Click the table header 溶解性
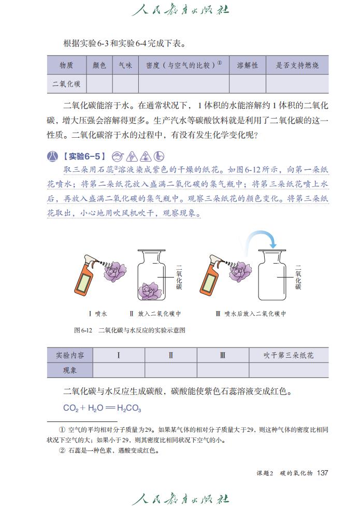click(248, 66)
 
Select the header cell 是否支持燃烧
click(297, 66)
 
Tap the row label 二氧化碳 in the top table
click(66, 83)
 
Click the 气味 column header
click(125, 66)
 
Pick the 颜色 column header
click(99, 66)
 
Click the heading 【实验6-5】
click(83, 156)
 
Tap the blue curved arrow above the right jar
click(260, 239)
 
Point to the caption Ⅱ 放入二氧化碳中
click(155, 314)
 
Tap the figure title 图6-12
click(83, 330)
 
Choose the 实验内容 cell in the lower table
click(70, 355)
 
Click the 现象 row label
click(70, 370)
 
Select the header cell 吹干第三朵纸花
click(289, 355)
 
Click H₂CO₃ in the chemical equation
click(129, 409)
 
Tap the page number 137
click(323, 473)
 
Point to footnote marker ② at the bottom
click(63, 450)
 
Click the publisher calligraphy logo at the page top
click(180, 10)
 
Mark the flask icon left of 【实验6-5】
click(52, 156)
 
